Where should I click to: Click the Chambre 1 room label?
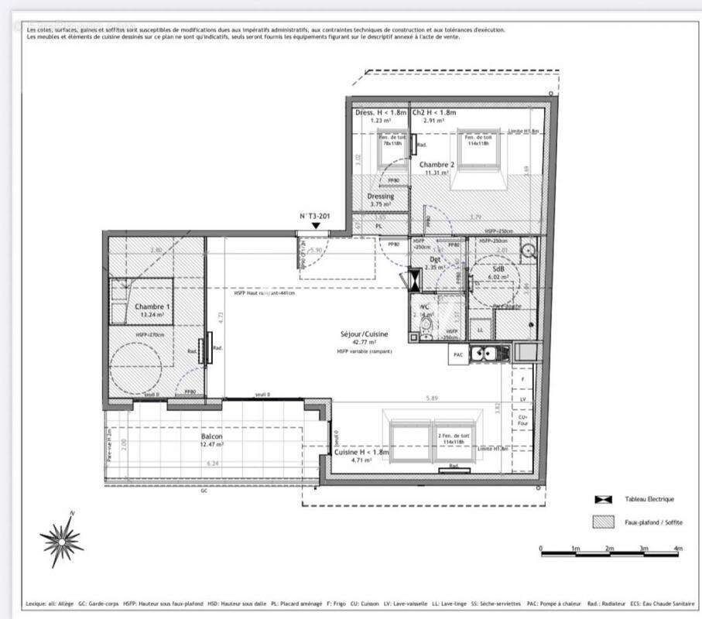tap(152, 306)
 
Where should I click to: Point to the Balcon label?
tap(211, 437)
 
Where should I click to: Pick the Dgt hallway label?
tap(435, 260)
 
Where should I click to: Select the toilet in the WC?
tap(426, 331)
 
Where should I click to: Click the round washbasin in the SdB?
tap(529, 250)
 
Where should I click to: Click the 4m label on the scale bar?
tap(678, 549)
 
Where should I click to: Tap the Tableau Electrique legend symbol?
tap(600, 500)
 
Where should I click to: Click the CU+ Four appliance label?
tap(524, 419)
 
